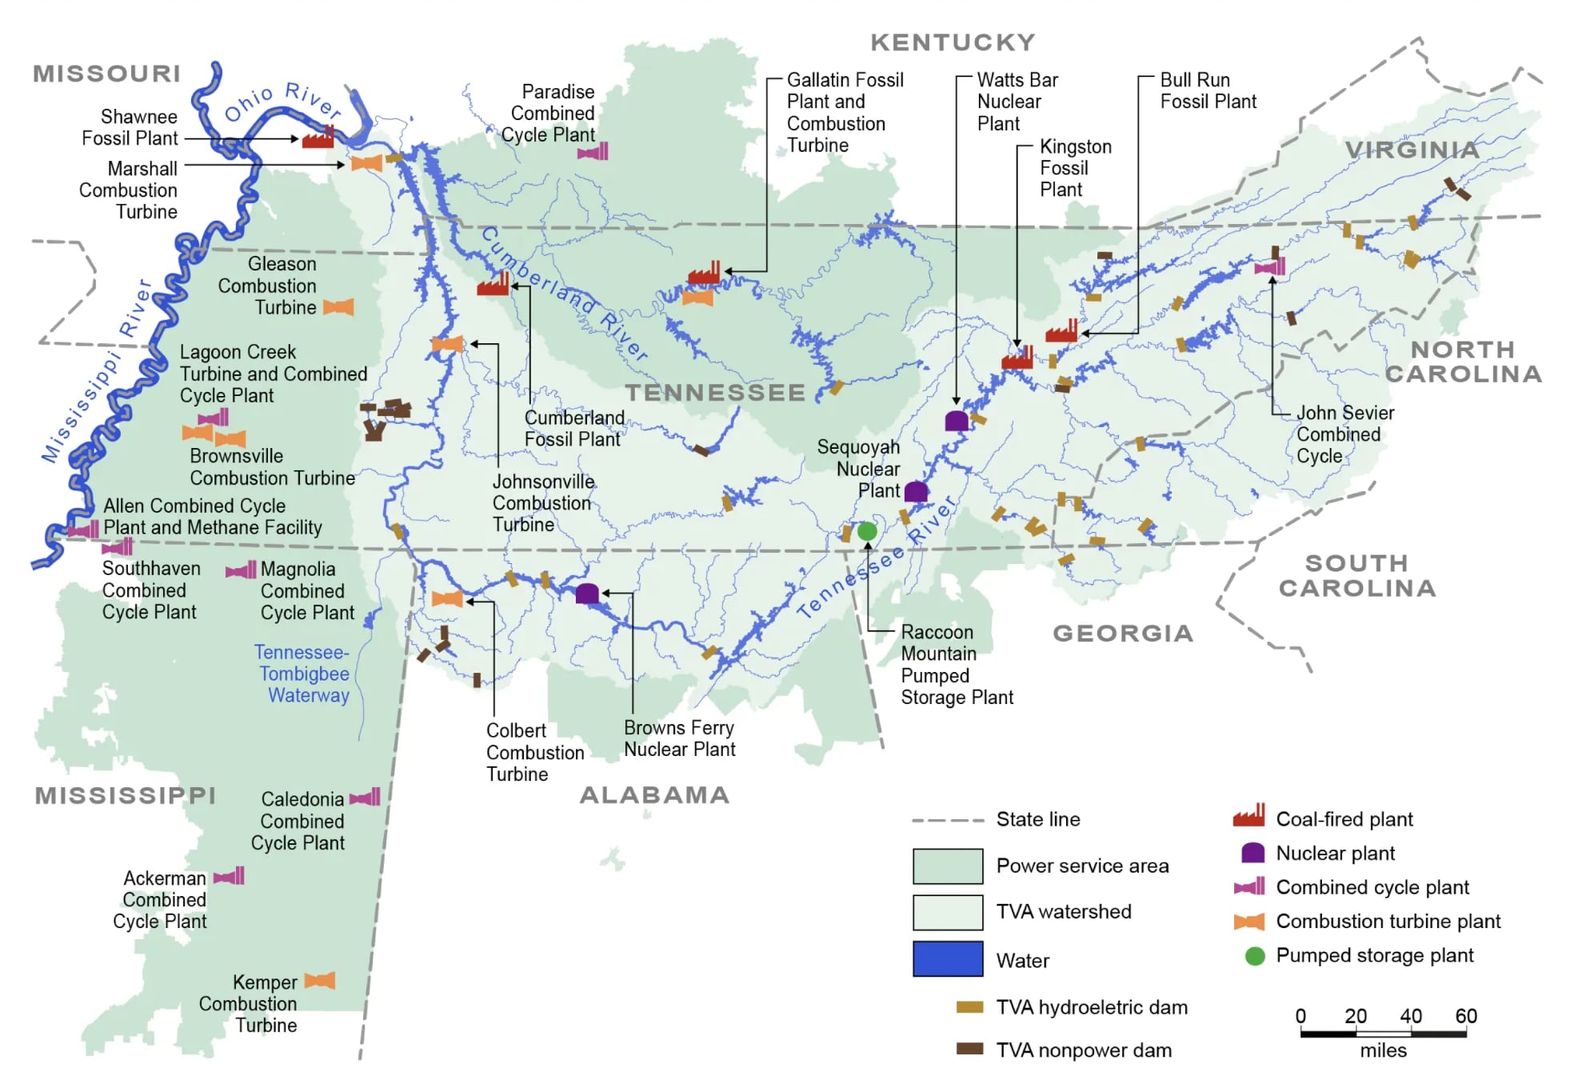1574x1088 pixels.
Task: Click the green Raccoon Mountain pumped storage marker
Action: coord(867,531)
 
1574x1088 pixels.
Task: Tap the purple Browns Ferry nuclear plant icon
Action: coord(587,594)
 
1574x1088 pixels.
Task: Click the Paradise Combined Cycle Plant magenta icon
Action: coord(593,151)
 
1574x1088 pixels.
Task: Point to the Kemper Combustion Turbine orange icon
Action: coord(320,981)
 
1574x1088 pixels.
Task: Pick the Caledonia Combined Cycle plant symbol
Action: coord(366,798)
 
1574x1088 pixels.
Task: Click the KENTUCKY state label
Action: coord(953,42)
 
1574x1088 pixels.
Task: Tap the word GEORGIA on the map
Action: coord(1123,634)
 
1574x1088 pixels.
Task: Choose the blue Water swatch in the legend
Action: coord(948,959)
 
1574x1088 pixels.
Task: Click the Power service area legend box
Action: coord(948,866)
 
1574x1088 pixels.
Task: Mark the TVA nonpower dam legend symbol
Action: coord(969,1049)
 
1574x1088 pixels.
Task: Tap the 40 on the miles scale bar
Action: coord(1410,1016)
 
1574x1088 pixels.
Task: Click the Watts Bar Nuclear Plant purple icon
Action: coord(957,421)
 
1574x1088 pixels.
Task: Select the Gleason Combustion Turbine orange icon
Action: coord(338,307)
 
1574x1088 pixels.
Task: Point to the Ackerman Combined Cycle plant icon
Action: coord(230,877)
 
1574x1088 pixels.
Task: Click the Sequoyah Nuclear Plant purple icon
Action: coord(916,491)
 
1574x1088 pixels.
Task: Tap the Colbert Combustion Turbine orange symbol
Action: coord(447,599)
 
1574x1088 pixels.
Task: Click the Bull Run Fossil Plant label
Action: coord(1208,90)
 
